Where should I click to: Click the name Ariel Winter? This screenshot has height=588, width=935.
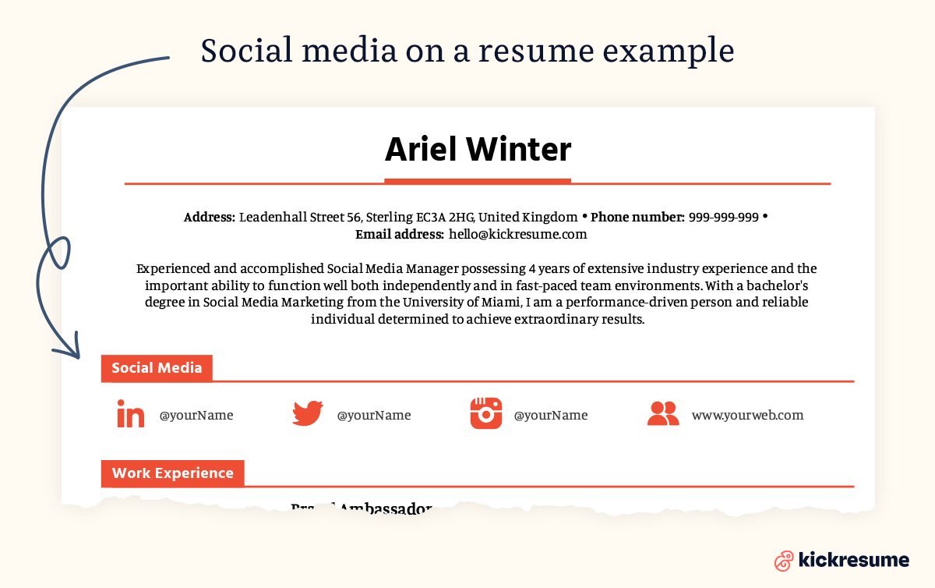pos(478,148)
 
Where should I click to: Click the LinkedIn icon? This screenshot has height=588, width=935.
pos(131,414)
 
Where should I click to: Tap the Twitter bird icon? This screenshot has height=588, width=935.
pos(308,413)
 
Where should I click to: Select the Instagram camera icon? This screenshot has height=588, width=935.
pos(485,413)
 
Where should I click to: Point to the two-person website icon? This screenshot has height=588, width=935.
pos(663,413)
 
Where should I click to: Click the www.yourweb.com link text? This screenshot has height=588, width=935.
pos(747,415)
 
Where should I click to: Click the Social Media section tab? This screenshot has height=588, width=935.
pos(157,368)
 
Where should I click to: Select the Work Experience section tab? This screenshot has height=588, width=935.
pos(172,473)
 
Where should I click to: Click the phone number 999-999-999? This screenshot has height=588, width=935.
pos(723,217)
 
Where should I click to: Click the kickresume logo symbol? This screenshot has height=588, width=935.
pos(784,560)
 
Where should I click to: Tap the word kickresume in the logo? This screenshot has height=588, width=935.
pos(853,559)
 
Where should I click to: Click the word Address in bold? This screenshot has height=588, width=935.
pos(209,217)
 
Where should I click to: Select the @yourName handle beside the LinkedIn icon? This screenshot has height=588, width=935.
pos(196,415)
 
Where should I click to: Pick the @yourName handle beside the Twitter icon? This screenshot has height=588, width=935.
pos(373,415)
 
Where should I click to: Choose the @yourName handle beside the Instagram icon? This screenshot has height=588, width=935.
pos(550,415)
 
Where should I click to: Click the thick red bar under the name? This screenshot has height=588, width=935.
pos(478,182)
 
